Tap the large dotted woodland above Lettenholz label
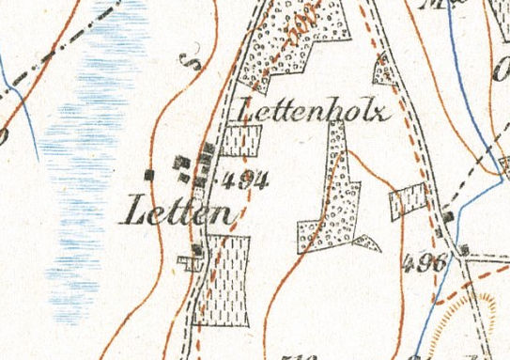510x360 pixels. click(x=291, y=47)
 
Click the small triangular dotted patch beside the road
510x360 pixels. click(x=382, y=68)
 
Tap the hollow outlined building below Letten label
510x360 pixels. click(x=193, y=262)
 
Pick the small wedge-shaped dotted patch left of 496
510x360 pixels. click(x=368, y=244)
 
